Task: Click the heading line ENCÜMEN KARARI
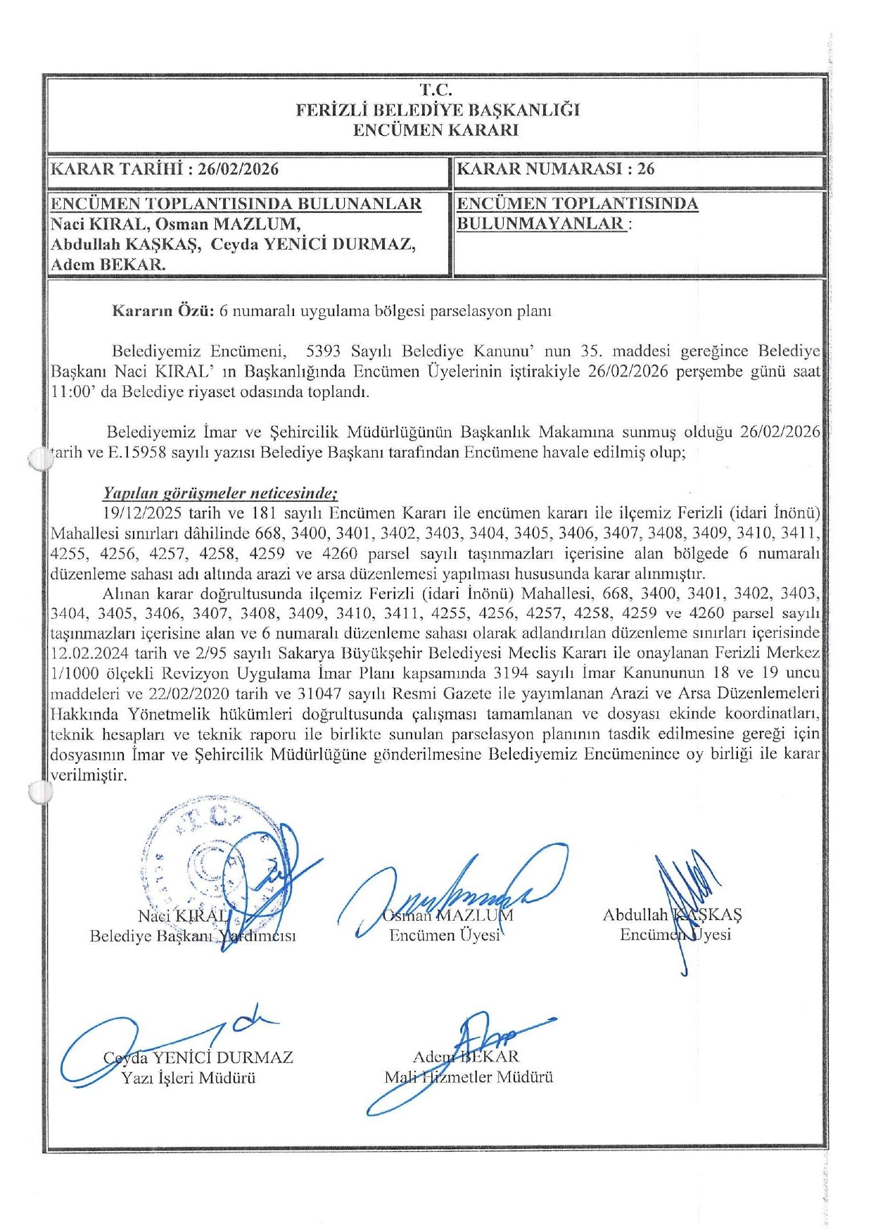[x=436, y=130]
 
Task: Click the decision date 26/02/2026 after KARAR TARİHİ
[x=238, y=169]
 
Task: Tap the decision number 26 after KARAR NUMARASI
[x=645, y=169]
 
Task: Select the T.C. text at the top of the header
[x=436, y=90]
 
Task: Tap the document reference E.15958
[x=137, y=452]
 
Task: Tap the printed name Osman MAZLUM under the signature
[x=447, y=915]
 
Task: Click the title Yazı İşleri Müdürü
[x=189, y=1078]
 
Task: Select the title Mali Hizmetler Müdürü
[x=469, y=1077]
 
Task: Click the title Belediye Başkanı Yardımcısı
[x=193, y=936]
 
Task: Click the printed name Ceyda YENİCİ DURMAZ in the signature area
[x=198, y=1057]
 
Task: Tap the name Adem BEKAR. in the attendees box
[x=108, y=265]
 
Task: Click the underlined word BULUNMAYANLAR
[x=542, y=224]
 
